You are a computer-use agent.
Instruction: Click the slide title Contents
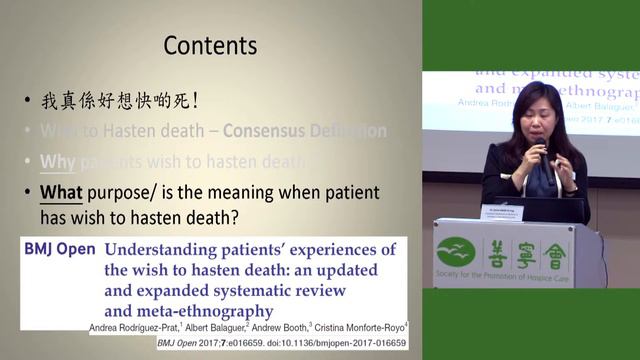(210, 46)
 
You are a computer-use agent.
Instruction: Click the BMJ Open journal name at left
(60, 249)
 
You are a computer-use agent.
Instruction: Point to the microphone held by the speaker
(541, 151)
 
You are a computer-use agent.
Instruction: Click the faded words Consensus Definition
(304, 131)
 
